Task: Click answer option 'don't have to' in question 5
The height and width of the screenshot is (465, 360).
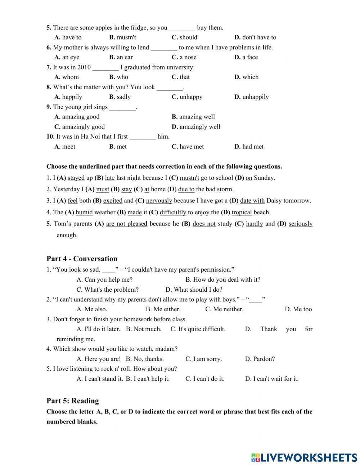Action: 259,37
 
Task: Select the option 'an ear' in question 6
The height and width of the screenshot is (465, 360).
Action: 125,57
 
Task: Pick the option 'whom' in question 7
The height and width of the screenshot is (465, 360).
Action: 70,77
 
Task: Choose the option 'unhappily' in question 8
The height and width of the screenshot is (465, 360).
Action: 255,97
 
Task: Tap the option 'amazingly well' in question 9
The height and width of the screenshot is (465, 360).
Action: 200,127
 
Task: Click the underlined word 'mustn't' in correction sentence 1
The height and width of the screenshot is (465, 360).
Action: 189,178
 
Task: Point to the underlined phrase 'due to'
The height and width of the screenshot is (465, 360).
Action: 186,189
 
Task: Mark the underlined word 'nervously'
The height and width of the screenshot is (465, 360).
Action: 159,201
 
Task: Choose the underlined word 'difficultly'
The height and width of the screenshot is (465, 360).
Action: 173,213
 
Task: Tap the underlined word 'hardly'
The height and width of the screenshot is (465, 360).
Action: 255,224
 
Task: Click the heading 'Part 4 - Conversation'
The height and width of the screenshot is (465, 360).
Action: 82,259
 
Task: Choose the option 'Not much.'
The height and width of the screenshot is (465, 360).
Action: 147,329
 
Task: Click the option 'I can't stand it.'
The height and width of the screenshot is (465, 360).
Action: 103,379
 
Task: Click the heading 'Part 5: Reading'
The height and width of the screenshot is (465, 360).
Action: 72,401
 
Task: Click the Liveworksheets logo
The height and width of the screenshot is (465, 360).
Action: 304,457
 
